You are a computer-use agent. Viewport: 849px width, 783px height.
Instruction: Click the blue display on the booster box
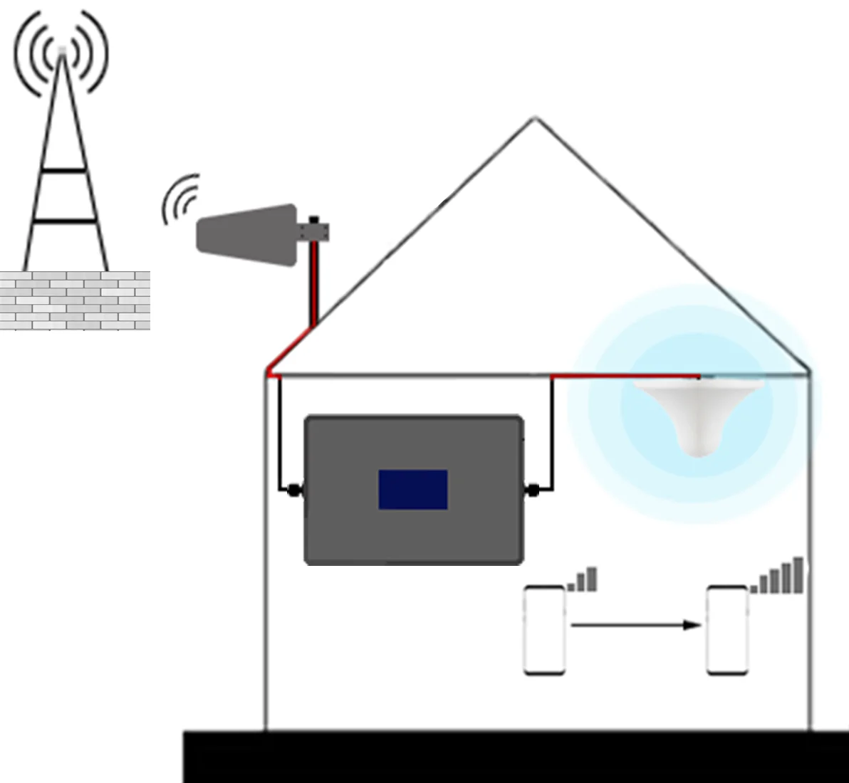(x=412, y=489)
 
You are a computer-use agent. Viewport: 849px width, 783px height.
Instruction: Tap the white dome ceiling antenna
(x=699, y=413)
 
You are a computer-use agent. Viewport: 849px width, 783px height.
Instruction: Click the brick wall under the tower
(x=75, y=300)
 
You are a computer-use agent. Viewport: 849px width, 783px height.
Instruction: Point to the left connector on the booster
(x=292, y=490)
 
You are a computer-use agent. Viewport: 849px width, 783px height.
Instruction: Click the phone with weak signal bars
(x=545, y=629)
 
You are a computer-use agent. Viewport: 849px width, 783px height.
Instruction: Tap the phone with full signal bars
(x=726, y=629)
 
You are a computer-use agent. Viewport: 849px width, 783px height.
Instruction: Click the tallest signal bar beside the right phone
(x=798, y=575)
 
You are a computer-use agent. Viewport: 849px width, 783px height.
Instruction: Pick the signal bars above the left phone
(x=583, y=580)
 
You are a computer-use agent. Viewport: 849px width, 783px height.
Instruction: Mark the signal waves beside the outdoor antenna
(x=179, y=199)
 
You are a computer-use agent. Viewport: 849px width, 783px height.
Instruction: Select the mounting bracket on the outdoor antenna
(x=314, y=230)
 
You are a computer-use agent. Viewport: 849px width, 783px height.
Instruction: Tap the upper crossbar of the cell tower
(x=63, y=171)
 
